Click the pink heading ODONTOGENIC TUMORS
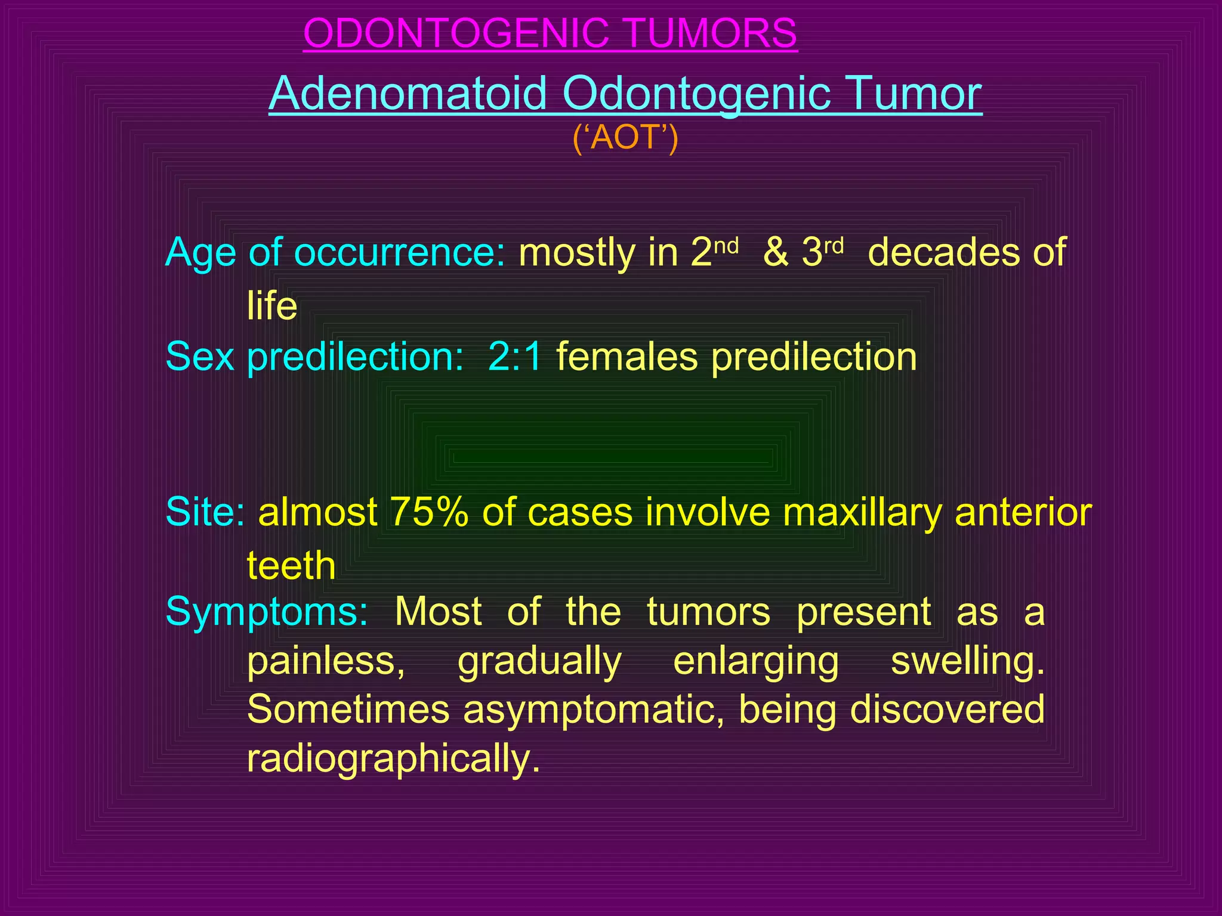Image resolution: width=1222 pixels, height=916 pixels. pos(550,33)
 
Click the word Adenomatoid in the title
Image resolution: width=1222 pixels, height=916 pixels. pos(408,94)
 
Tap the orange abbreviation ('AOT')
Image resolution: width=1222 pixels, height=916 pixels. pos(625,138)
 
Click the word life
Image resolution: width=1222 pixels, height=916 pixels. pos(272,306)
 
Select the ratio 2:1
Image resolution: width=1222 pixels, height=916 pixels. pos(515,357)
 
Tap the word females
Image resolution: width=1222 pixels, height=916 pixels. pos(627,357)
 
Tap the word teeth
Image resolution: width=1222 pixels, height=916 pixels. pos(291,565)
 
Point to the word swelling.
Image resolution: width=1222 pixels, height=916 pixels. pos(967,661)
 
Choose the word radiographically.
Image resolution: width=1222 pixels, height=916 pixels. pos(393,759)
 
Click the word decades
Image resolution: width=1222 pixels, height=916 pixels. pos(943,253)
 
